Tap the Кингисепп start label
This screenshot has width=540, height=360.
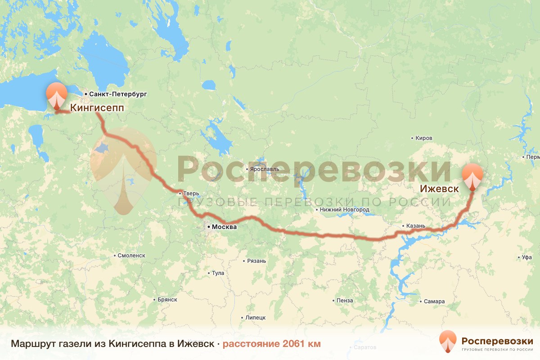click(x=97, y=108)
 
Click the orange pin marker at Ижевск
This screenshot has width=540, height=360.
click(x=472, y=176)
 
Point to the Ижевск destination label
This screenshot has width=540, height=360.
click(x=440, y=189)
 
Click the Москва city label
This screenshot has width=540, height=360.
click(x=224, y=227)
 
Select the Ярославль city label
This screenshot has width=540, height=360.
click(x=265, y=169)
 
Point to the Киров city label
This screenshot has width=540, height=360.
click(x=424, y=138)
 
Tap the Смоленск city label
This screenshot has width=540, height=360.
click(x=131, y=255)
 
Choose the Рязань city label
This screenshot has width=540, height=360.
click(x=257, y=261)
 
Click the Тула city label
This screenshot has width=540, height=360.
click(x=218, y=273)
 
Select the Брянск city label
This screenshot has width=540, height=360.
click(x=167, y=300)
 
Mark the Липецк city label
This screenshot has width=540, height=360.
click(x=256, y=317)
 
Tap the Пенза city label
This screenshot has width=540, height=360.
click(x=345, y=300)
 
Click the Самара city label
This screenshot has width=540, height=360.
click(x=434, y=301)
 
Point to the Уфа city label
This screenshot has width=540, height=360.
click(x=527, y=258)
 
